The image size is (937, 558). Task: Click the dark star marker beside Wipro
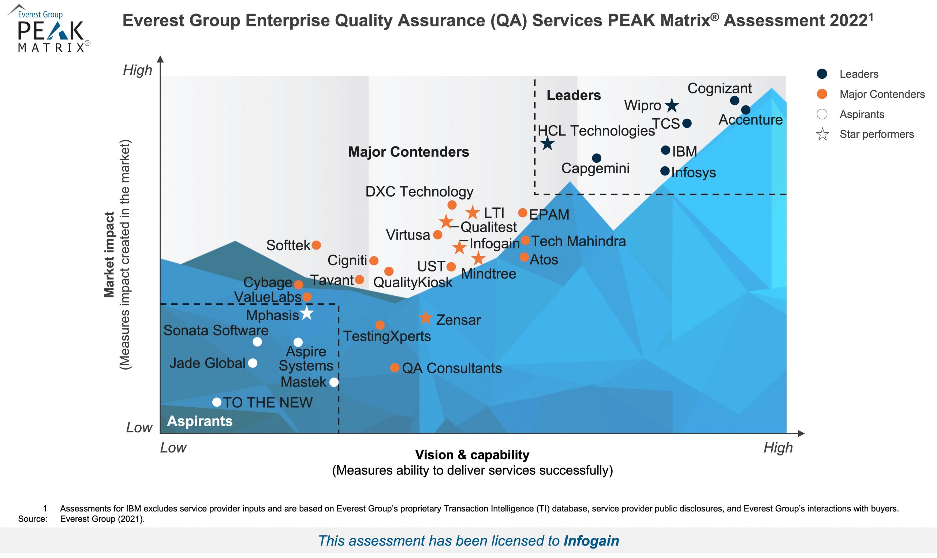[672, 105]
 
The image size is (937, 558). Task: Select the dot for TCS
[687, 123]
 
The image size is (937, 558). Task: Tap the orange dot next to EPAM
[522, 213]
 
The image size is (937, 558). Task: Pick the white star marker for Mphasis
[307, 313]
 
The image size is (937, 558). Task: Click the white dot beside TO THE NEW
[217, 402]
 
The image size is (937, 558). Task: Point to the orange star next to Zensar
[426, 318]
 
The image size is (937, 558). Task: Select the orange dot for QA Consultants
[394, 368]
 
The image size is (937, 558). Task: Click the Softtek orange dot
[316, 245]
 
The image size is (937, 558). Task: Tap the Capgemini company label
[595, 169]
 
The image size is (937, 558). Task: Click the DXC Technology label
[419, 192]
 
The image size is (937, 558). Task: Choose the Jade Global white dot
[253, 363]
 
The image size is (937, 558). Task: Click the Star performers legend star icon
[822, 134]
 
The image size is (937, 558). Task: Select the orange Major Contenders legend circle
[822, 94]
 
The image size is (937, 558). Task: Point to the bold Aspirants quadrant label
[200, 421]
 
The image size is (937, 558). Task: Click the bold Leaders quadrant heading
[574, 95]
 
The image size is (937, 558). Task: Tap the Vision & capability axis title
[472, 455]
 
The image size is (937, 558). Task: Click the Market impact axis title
[109, 255]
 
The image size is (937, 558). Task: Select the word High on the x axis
[778, 448]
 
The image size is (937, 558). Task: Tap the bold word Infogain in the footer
[591, 541]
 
